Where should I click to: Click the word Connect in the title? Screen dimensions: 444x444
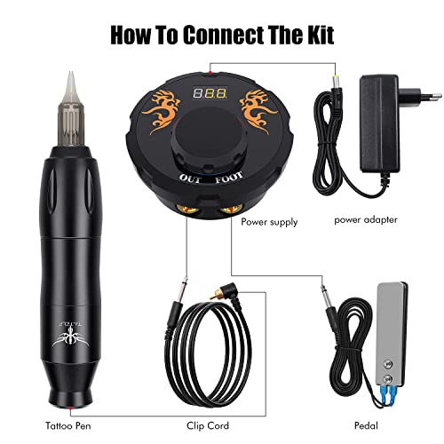point(223,35)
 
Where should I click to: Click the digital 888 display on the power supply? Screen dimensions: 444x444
point(210,92)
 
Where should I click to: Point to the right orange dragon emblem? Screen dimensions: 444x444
point(258,111)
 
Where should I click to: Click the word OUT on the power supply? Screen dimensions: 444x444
point(190,178)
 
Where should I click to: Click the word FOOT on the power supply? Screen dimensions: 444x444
point(229,178)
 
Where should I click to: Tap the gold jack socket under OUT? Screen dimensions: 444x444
point(187,209)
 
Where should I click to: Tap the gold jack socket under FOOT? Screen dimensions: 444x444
point(231,210)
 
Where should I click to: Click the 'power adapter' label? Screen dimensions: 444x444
point(366,219)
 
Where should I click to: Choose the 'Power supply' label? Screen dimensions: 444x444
point(269,222)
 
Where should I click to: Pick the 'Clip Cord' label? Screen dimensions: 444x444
point(208,425)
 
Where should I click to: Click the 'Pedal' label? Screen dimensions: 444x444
point(366,425)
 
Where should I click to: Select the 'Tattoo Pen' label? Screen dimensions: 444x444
point(68,425)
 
